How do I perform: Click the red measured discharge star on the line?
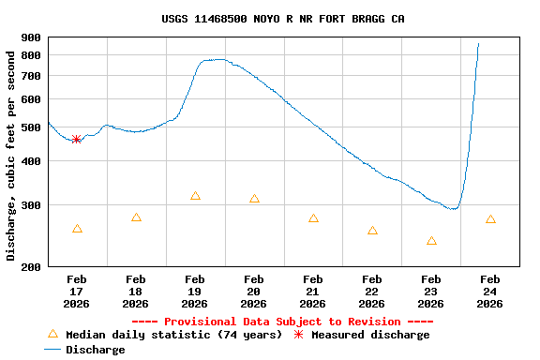(76, 139)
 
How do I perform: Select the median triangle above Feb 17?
(77, 229)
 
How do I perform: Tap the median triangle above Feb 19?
(195, 196)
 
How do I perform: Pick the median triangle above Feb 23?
(431, 241)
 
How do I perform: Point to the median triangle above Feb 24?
(490, 219)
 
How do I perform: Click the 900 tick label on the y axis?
(31, 38)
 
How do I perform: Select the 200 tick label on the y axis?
(31, 267)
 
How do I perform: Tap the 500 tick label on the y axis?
(31, 127)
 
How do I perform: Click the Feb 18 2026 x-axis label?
(136, 291)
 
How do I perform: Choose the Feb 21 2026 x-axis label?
(313, 291)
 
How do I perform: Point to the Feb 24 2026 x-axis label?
(490, 291)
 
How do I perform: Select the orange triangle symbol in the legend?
(52, 334)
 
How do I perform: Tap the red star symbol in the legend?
(299, 335)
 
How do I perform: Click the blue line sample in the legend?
(52, 350)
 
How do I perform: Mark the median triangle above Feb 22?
(372, 231)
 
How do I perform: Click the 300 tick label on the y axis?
(31, 205)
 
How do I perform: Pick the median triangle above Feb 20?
(254, 199)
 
